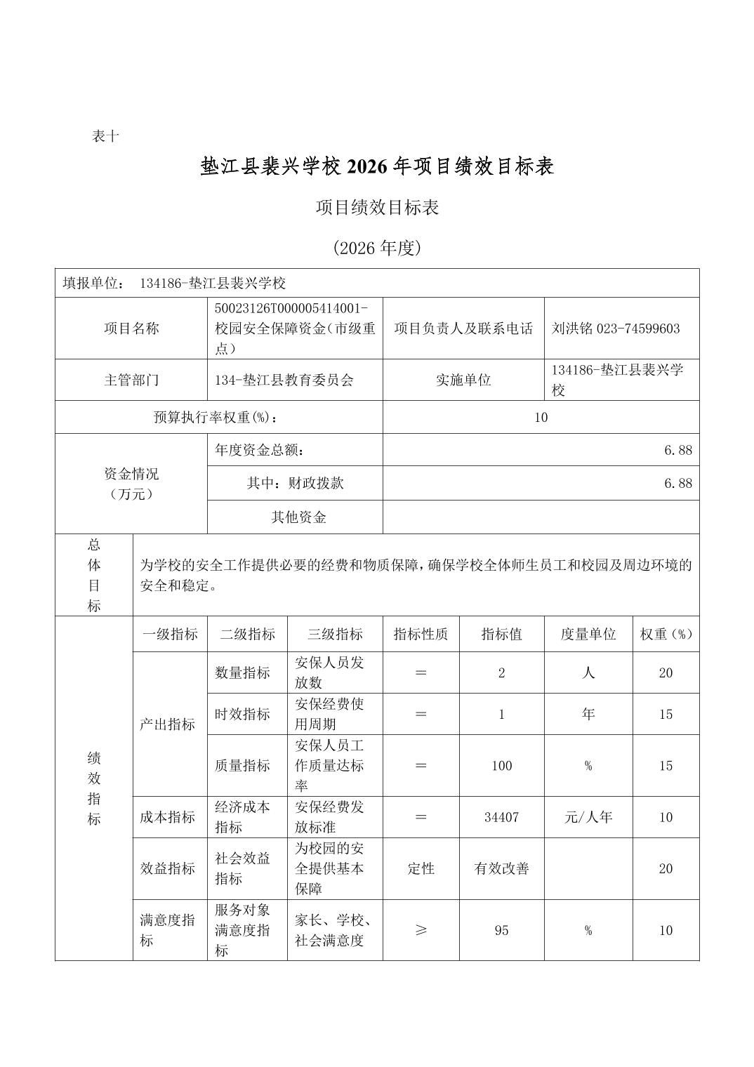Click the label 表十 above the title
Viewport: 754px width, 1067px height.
click(x=106, y=136)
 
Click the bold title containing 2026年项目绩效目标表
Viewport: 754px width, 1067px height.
click(x=377, y=166)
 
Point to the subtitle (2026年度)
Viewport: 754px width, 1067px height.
click(x=377, y=248)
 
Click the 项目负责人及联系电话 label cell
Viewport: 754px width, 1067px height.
click(x=463, y=329)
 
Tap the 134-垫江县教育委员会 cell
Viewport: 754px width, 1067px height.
click(x=284, y=380)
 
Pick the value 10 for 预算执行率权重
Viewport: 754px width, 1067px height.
click(x=541, y=417)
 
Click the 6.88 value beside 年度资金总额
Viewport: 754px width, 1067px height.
click(x=677, y=450)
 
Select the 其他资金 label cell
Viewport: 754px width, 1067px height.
click(x=298, y=517)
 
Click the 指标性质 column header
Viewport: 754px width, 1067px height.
click(x=421, y=634)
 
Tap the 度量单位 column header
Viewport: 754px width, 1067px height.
click(x=588, y=634)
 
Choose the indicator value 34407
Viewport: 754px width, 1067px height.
click(x=501, y=817)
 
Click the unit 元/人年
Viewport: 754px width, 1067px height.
click(x=588, y=817)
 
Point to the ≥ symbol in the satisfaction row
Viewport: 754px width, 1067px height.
click(x=421, y=930)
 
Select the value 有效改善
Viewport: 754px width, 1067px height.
click(x=501, y=868)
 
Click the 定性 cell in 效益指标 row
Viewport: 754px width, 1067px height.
click(x=421, y=868)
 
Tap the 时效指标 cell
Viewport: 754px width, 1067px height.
click(x=243, y=714)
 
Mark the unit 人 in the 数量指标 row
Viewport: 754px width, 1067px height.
click(x=588, y=672)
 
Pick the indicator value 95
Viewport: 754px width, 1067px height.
click(x=501, y=930)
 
